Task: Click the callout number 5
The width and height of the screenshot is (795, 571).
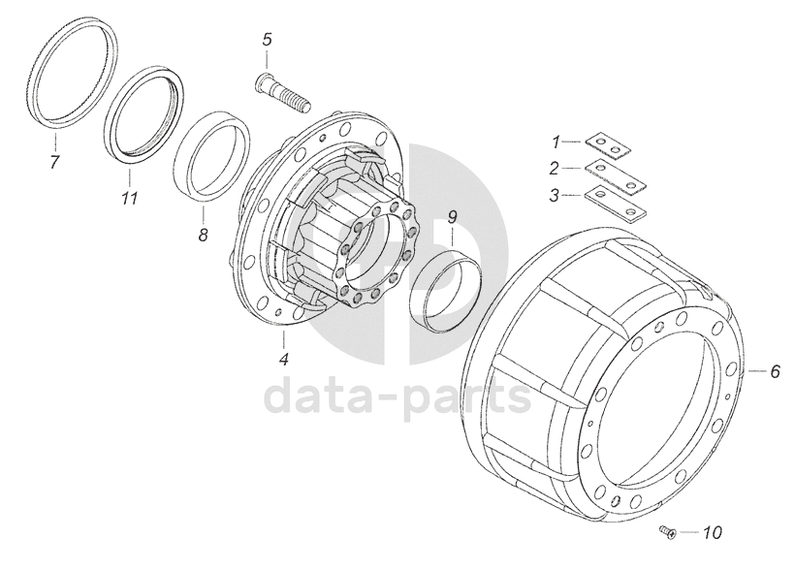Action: pos(268,39)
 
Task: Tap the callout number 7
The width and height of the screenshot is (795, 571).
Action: pos(54,162)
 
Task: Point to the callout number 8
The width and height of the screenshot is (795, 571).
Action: pos(204,235)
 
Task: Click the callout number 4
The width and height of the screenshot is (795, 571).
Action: pos(283,359)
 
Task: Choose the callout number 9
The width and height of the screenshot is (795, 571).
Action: pos(452,216)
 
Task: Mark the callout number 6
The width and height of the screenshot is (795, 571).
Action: pos(775,371)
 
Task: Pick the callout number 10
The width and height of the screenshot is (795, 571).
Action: pos(713,532)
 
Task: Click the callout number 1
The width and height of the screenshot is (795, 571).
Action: pos(556,143)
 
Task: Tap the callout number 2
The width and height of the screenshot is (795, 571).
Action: pos(555,169)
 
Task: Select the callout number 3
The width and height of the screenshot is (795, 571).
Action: pos(555,195)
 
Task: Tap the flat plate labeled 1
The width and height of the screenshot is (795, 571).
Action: pos(608,146)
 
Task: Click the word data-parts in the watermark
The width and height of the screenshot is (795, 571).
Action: pos(398,397)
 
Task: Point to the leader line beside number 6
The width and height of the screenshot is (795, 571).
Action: pos(755,371)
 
